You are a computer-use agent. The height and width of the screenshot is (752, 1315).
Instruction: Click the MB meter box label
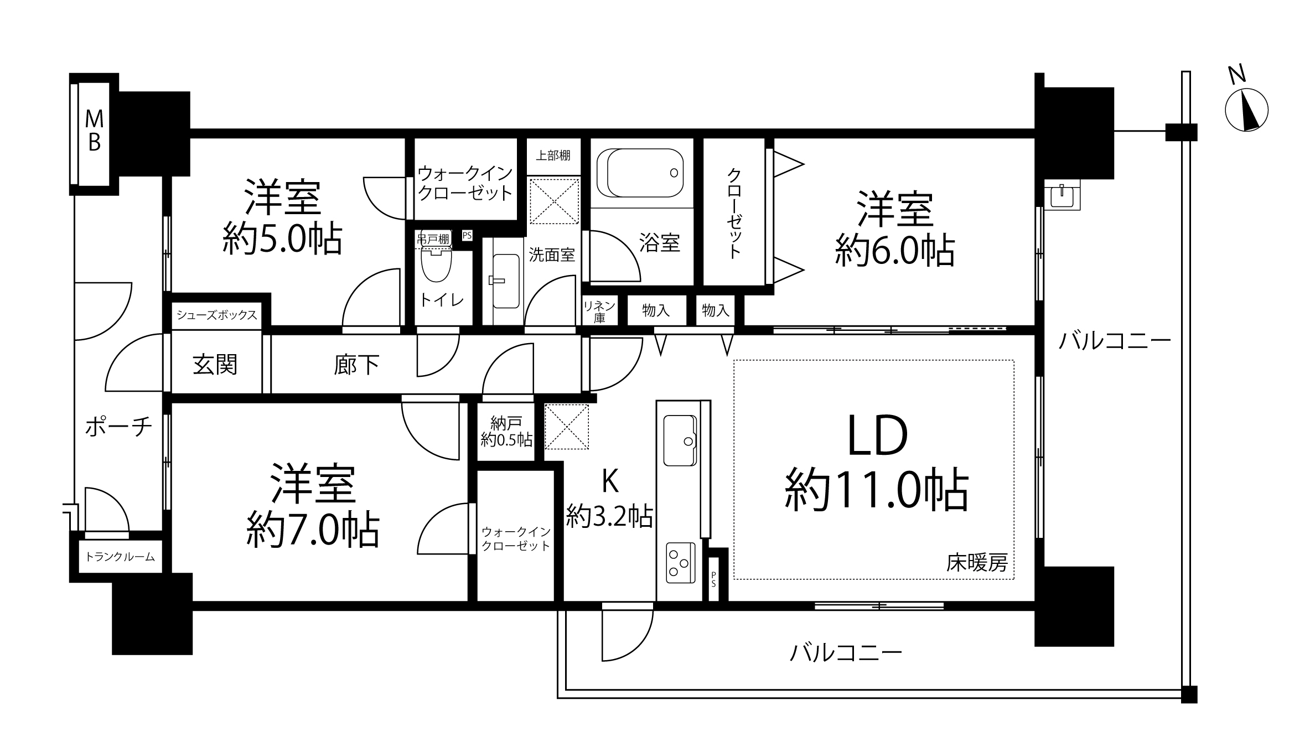(x=94, y=131)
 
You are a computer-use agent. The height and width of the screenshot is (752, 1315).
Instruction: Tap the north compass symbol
(x=1246, y=110)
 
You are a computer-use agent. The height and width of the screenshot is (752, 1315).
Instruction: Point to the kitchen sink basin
(x=680, y=440)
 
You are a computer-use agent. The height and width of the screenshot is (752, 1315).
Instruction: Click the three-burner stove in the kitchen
(x=680, y=563)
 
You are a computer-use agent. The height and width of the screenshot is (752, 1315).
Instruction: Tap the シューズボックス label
(x=217, y=315)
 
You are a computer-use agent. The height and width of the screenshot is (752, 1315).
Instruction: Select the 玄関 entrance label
(x=215, y=365)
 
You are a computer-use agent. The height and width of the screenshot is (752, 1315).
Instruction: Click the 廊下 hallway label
(x=356, y=365)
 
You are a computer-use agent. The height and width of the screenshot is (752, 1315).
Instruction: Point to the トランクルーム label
(x=120, y=557)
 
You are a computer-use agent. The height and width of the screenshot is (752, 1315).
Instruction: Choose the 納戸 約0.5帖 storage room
(x=506, y=432)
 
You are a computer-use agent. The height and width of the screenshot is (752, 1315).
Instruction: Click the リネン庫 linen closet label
(x=599, y=312)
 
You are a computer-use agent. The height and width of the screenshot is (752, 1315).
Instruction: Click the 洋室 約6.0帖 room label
(x=895, y=229)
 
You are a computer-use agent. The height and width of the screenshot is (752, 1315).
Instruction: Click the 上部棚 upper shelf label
(x=553, y=155)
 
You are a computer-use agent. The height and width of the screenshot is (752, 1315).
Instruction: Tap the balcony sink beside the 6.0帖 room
(x=1062, y=194)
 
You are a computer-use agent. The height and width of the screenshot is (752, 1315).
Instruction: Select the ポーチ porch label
(x=118, y=427)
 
